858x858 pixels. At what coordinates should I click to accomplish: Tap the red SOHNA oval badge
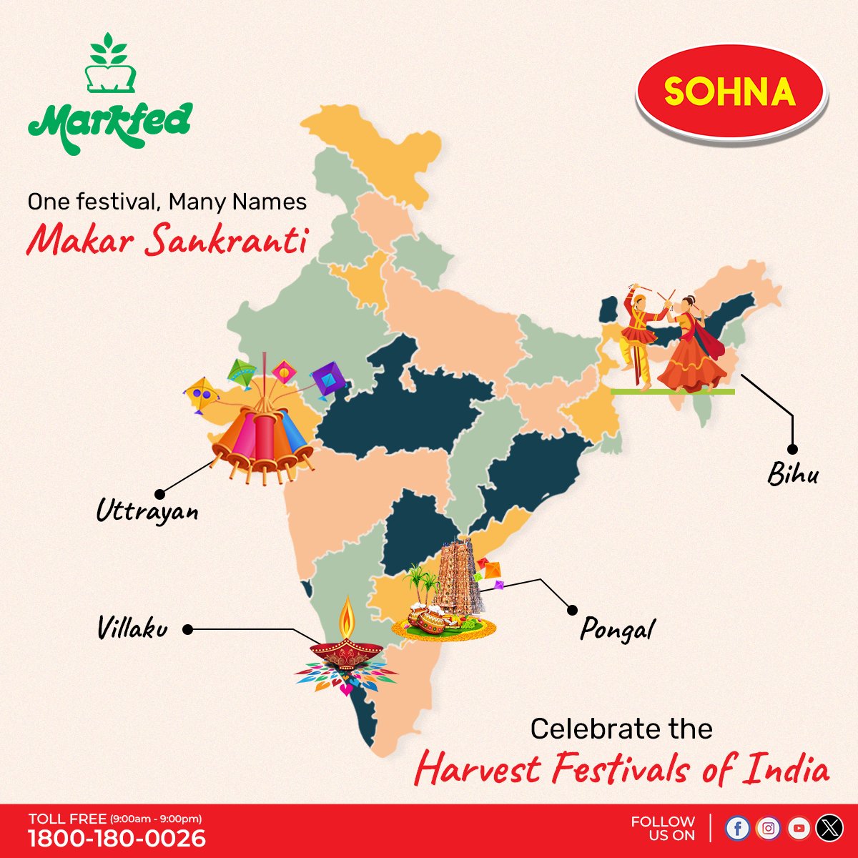click(x=730, y=92)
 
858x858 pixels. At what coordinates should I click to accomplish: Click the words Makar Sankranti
click(x=167, y=240)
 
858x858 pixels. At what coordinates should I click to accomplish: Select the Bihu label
click(x=792, y=474)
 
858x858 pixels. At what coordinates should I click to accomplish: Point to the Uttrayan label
click(x=147, y=511)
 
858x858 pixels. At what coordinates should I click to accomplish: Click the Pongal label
click(x=617, y=630)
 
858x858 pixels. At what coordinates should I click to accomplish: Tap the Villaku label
click(x=132, y=628)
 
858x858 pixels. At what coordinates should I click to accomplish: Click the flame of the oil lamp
click(x=347, y=615)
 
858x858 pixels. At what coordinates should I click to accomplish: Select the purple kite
click(x=329, y=378)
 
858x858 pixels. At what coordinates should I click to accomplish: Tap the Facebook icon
click(x=737, y=828)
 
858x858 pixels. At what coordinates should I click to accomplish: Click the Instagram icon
click(x=768, y=828)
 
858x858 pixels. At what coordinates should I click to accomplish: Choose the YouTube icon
click(x=799, y=828)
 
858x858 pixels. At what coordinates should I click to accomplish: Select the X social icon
click(x=829, y=828)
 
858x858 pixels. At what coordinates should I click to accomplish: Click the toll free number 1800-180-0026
click(x=117, y=838)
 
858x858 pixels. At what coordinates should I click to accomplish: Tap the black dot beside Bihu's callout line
click(x=792, y=449)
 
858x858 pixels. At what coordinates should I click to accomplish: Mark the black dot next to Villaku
click(x=187, y=630)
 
